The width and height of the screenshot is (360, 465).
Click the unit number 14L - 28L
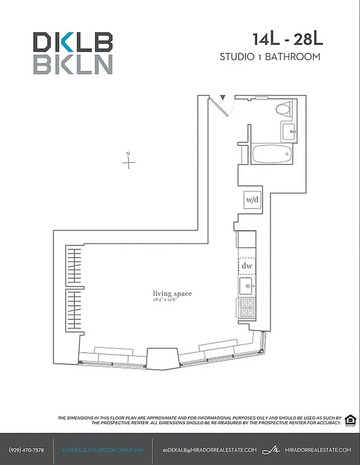pos(287,40)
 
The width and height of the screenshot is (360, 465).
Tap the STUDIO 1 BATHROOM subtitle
pos(270,57)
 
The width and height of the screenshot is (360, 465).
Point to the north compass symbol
pos(128,162)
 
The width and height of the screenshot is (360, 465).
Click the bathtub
pos(271,155)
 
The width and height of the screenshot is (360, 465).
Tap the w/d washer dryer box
pos(252,200)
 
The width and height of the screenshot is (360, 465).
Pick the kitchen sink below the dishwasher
pos(246,286)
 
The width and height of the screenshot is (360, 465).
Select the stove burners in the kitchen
pos(246,306)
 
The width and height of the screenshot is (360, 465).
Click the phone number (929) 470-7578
pos(27,450)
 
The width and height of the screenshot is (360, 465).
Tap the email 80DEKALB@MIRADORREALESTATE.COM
pos(210,450)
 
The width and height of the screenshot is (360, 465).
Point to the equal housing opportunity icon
pos(350,420)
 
